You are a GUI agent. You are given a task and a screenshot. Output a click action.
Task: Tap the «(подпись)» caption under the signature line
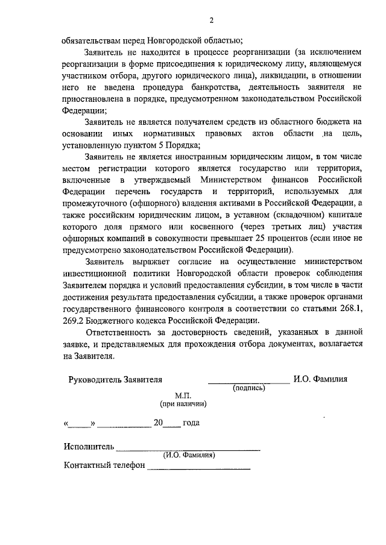248,389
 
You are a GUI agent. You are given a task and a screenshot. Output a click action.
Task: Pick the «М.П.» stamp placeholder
183,394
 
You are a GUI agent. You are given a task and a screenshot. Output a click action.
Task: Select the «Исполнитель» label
88,447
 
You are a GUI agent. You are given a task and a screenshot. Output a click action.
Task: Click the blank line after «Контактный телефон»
199,467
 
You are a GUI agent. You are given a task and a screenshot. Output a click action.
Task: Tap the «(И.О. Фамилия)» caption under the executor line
190,456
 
